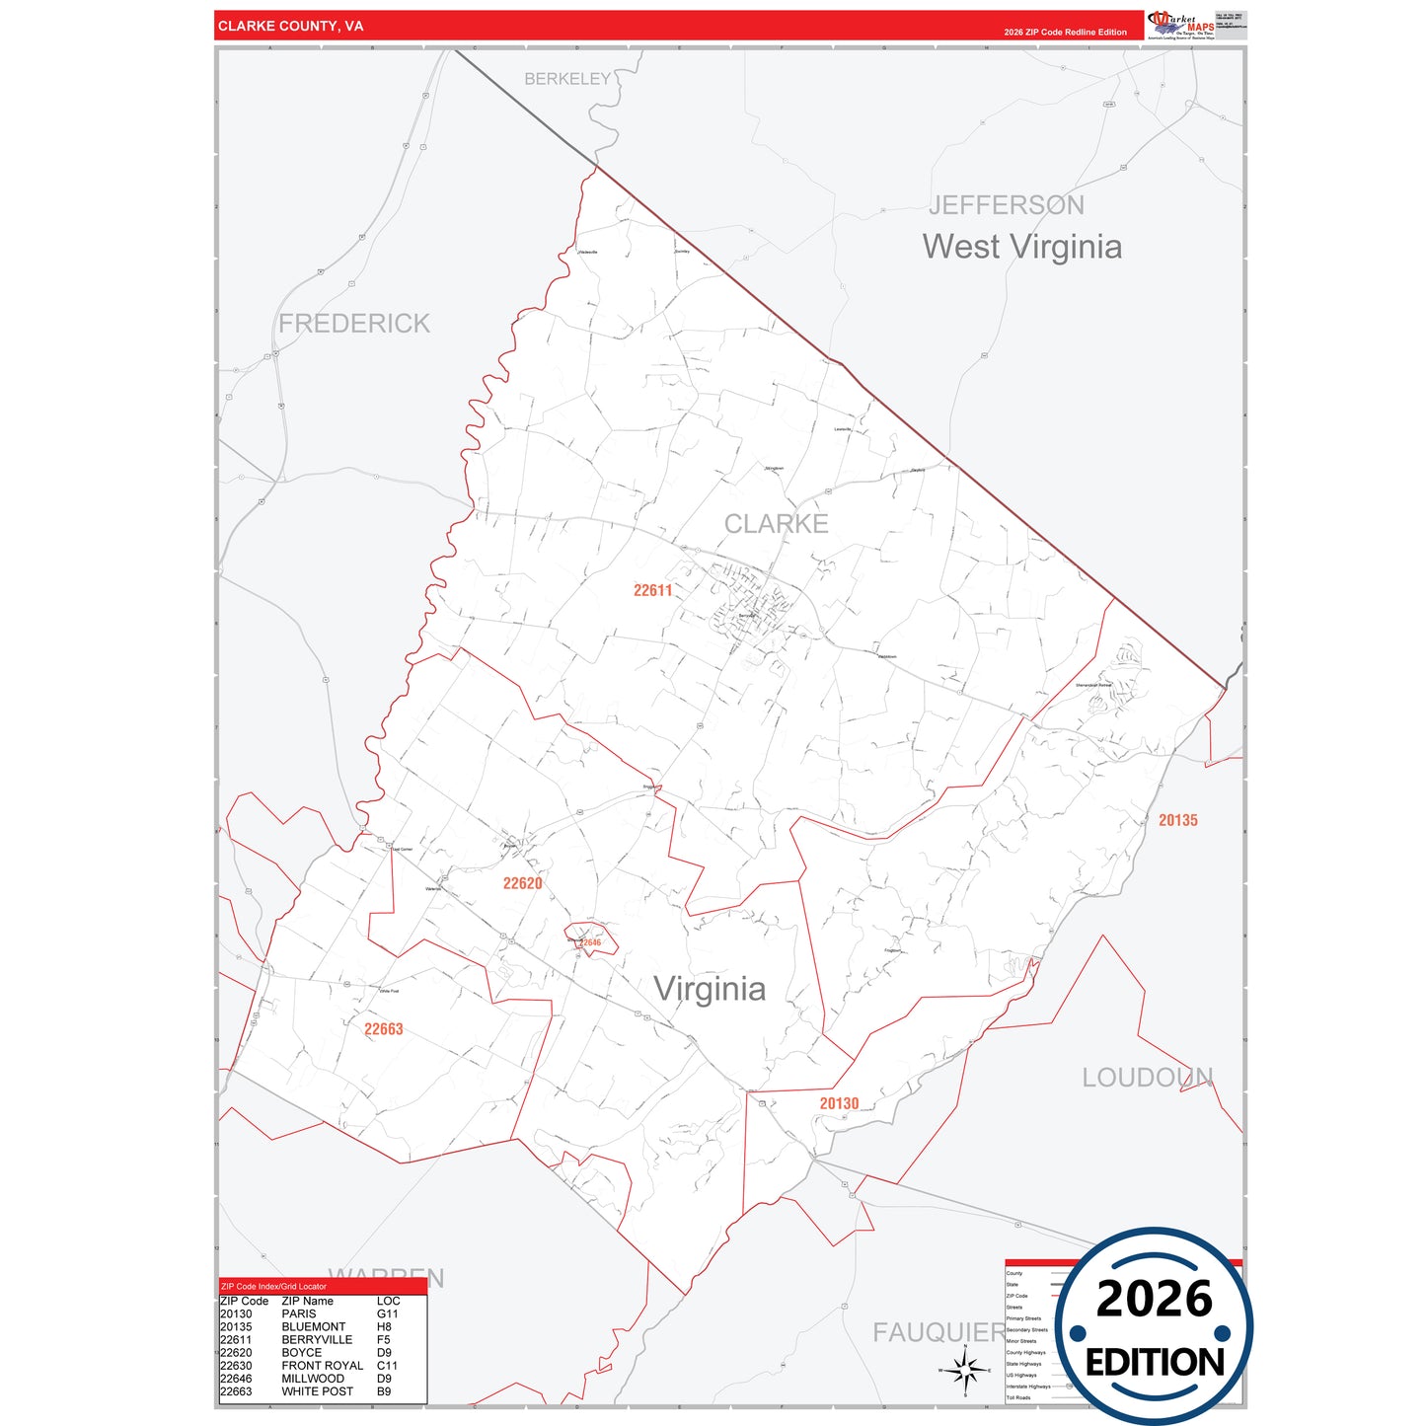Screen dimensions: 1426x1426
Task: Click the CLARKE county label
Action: click(x=776, y=524)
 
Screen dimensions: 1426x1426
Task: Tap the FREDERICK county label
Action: click(x=354, y=324)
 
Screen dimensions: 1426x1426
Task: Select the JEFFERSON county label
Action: click(x=1006, y=205)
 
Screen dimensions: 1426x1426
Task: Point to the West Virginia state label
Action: click(x=1021, y=247)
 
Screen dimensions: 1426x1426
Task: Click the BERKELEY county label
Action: click(x=567, y=79)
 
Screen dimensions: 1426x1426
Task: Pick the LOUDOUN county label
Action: click(x=1147, y=1078)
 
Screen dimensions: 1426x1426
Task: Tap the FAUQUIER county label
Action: click(x=938, y=1332)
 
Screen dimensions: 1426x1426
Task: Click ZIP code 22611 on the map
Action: click(x=652, y=590)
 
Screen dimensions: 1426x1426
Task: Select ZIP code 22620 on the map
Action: click(x=522, y=883)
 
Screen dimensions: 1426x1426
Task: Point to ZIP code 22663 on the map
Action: click(x=383, y=1029)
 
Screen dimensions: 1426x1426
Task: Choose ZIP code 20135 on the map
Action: click(x=1177, y=820)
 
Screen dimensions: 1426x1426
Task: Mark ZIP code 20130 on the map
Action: click(x=839, y=1103)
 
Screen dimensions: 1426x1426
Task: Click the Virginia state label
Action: click(x=710, y=989)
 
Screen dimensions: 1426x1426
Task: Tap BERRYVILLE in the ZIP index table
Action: click(x=317, y=1340)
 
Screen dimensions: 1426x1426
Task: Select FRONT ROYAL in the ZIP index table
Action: click(x=322, y=1366)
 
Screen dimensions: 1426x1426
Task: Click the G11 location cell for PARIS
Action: click(x=387, y=1314)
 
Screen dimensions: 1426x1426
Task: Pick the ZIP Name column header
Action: click(x=307, y=1302)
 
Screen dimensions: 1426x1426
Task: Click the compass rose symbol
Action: click(x=964, y=1370)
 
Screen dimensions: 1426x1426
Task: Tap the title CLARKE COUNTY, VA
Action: click(x=290, y=26)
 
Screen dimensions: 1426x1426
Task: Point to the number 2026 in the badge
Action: click(x=1154, y=1299)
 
